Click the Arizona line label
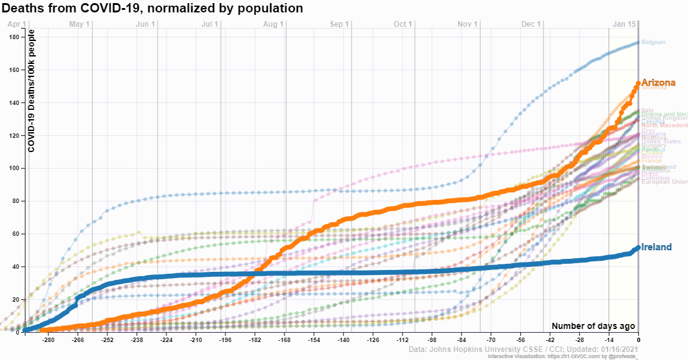[658, 83]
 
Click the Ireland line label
[656, 247]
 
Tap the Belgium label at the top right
[653, 42]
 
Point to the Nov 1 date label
[468, 24]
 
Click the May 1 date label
[79, 24]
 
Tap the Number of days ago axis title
[593, 326]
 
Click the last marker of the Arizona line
[638, 83]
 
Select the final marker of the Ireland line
[638, 248]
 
